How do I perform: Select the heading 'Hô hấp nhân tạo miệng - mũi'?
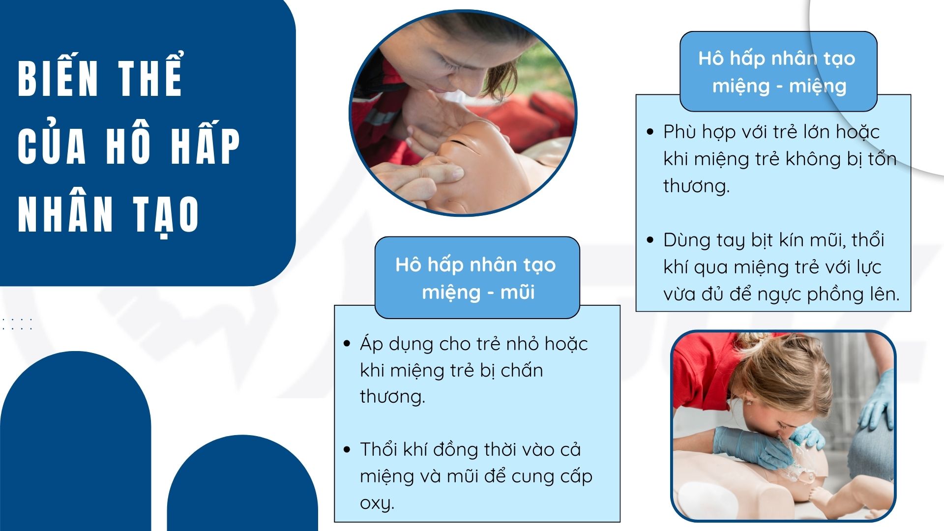[x=476, y=278]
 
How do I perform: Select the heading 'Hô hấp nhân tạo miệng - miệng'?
[x=777, y=72]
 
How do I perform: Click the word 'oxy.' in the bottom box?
[x=377, y=503]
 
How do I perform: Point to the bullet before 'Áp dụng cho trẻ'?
[x=347, y=344]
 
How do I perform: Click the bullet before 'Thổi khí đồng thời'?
[x=347, y=449]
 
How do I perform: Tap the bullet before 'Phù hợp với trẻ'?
[x=650, y=132]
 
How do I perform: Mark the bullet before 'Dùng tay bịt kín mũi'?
[x=650, y=240]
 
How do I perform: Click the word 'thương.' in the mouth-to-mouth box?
[x=696, y=186]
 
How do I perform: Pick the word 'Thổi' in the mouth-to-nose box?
[x=379, y=449]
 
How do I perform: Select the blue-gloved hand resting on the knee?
[x=878, y=401]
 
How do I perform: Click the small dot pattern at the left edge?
[x=17, y=324]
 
